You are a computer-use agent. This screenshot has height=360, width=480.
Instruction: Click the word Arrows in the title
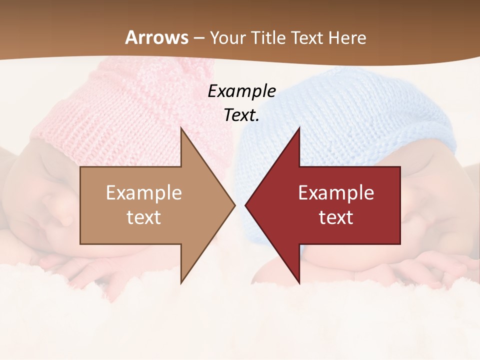[x=157, y=37]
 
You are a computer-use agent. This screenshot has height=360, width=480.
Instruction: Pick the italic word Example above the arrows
[x=241, y=91]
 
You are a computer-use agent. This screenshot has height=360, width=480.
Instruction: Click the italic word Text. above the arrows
[x=241, y=115]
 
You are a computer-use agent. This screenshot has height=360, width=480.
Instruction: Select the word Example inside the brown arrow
[x=144, y=193]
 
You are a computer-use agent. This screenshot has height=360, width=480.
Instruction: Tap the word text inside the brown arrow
[x=144, y=217]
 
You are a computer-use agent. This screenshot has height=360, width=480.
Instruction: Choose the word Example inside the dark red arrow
[x=336, y=193]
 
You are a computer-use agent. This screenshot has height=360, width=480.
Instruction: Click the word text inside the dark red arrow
[x=336, y=217]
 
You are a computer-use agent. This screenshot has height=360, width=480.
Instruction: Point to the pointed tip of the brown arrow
[x=234, y=205]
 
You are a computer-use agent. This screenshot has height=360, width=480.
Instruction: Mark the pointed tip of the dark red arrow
[x=245, y=205]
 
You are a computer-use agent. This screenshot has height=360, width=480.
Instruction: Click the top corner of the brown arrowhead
[x=181, y=128]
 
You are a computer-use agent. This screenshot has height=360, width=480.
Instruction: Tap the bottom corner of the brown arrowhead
[x=181, y=282]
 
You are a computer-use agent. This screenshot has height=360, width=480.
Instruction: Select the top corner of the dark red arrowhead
[x=299, y=128]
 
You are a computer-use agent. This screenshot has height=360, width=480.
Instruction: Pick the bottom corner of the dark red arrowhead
[x=299, y=282]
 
